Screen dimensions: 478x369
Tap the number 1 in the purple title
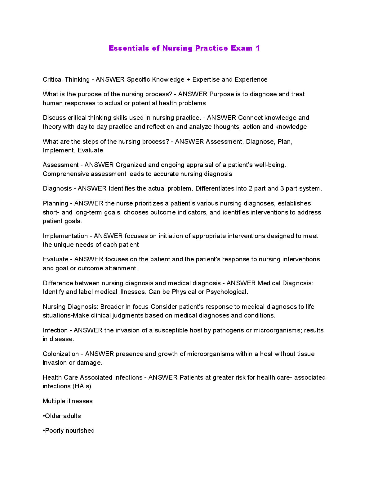click(258, 48)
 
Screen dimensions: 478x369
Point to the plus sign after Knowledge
click(188, 79)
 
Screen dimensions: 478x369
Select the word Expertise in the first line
click(206, 79)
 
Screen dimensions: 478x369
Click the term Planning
click(55, 203)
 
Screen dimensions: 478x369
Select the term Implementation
click(65, 236)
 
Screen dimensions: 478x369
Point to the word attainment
click(121, 268)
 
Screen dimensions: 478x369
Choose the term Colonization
click(61, 354)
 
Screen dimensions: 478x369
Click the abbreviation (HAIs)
click(82, 386)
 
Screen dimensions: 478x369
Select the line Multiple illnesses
click(68, 401)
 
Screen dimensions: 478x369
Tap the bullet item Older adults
click(62, 416)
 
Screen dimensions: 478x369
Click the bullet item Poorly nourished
click(69, 431)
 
